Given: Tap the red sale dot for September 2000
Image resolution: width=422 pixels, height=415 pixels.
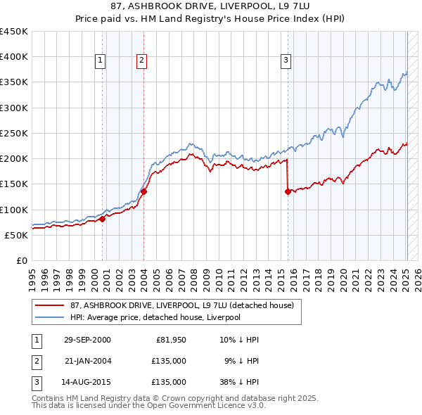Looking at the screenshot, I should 103,219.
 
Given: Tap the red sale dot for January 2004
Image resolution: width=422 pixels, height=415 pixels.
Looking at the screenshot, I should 143,191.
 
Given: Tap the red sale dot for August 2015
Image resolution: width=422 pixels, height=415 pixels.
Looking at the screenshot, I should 288,191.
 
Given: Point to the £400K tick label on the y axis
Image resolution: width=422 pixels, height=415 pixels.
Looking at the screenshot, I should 13,57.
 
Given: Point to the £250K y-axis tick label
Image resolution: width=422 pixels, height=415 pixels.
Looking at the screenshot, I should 13,133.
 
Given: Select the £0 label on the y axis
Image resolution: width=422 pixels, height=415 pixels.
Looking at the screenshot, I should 22,260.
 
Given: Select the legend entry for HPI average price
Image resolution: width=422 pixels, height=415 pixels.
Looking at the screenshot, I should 155,317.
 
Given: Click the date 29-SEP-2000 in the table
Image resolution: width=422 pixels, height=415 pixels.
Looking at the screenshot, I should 87,340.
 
